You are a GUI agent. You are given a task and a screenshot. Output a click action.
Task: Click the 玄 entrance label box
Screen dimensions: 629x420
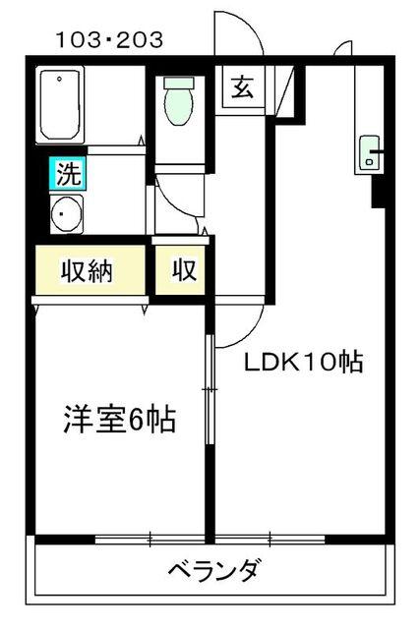(x=243, y=86)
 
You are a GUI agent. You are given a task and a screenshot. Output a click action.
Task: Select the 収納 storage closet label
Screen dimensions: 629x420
(x=87, y=270)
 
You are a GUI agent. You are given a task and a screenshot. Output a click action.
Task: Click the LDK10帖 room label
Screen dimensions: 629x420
(x=304, y=363)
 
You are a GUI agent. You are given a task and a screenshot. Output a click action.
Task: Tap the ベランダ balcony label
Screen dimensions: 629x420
(x=212, y=570)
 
